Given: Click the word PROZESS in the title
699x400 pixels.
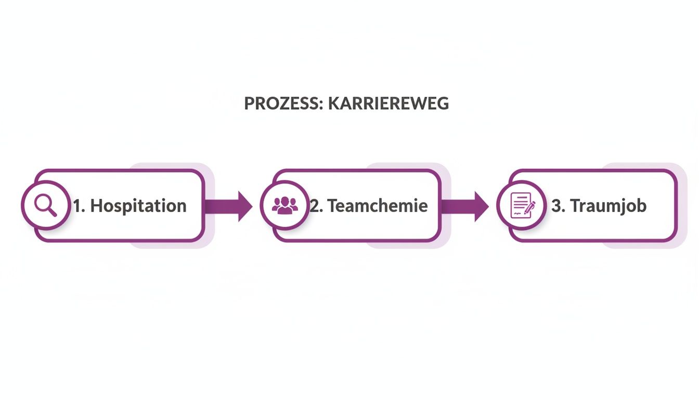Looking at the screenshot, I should pos(277,104).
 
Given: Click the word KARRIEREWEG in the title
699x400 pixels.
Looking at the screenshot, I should pos(381,104).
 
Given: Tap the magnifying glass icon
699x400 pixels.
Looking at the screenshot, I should pos(45,205).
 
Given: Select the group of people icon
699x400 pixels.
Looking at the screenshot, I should pos(285,205).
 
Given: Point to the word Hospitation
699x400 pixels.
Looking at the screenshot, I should pos(138,206).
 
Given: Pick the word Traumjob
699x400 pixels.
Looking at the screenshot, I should pos(608,206).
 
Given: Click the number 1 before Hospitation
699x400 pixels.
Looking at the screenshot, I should pos(77,206).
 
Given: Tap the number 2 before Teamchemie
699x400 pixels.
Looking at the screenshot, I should pos(315,206).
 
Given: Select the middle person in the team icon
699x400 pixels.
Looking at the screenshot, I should pos(285,204).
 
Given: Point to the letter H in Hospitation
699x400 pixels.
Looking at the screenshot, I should pos(96,206).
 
